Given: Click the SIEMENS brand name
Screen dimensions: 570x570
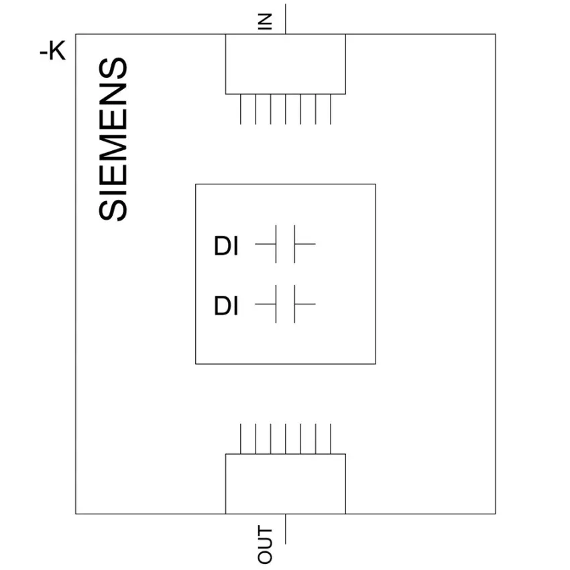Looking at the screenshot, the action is click(113, 139).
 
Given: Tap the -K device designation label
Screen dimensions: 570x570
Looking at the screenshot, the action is click(53, 50).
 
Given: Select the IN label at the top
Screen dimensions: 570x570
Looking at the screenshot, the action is click(265, 21).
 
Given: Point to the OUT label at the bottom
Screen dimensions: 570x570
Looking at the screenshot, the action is click(265, 545).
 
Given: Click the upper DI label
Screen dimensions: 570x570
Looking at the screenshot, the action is click(226, 245).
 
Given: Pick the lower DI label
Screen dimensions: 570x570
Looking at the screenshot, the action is click(226, 306).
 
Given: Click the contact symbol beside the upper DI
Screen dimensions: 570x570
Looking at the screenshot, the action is click(285, 244).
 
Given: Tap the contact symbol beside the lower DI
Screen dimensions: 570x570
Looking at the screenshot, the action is click(285, 304).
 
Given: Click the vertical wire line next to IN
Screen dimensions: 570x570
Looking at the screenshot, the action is click(286, 19).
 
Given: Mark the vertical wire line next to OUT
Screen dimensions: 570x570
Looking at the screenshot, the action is click(286, 529).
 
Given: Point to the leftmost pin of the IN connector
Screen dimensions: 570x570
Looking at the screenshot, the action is click(241, 109).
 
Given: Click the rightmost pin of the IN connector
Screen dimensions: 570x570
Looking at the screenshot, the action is click(331, 109).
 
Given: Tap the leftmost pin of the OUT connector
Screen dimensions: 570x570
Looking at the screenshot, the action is click(241, 439).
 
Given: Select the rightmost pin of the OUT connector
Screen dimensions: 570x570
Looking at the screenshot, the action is click(331, 439).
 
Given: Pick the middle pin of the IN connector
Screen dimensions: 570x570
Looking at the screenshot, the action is click(286, 109).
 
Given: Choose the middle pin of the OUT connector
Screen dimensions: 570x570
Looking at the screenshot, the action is click(286, 439).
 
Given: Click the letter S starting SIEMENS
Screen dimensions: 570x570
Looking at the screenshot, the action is click(113, 209).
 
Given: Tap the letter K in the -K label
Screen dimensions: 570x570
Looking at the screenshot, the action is click(57, 50).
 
